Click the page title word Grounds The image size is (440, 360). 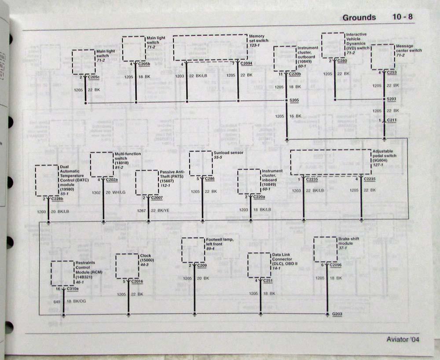[x=359, y=18]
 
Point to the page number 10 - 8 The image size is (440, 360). [x=403, y=17]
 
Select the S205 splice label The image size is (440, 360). [x=294, y=101]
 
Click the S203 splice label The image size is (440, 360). [x=392, y=99]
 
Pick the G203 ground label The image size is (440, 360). [x=337, y=314]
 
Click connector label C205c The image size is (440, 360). [x=94, y=77]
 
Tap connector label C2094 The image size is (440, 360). [x=246, y=63]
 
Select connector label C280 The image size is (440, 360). [x=342, y=61]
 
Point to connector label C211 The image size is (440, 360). [x=392, y=120]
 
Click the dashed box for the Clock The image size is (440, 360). [x=127, y=266]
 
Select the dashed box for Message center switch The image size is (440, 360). [x=382, y=57]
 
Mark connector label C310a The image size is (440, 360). [x=73, y=289]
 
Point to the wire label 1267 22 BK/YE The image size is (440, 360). [x=154, y=210]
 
